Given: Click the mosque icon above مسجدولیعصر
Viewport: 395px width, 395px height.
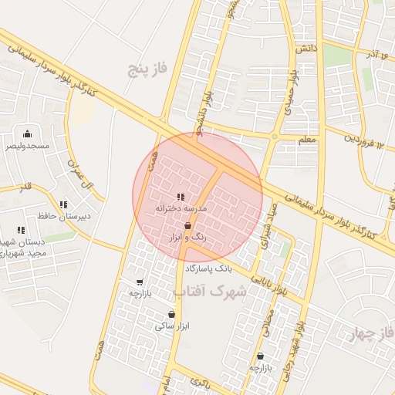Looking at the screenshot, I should pos(29,133).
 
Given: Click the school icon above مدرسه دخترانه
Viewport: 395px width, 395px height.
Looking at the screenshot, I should pos(181,197).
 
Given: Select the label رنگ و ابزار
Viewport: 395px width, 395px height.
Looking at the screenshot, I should pos(187,238).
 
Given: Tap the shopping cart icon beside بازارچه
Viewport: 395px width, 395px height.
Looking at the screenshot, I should pos(140,282).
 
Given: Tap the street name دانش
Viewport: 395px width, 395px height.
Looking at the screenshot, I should pos(306,49).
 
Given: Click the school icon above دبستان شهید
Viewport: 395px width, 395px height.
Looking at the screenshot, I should pos(22,230).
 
